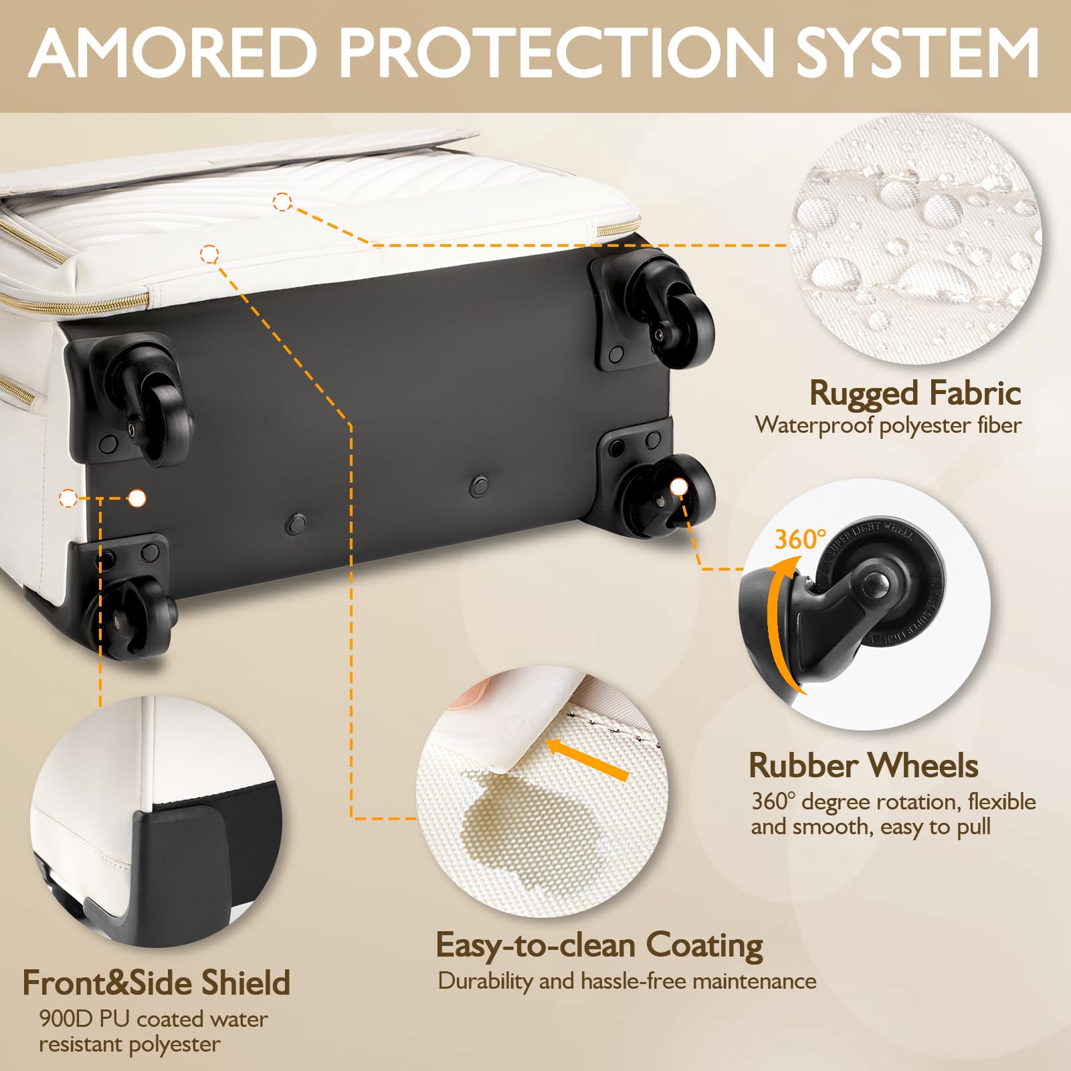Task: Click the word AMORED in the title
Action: pos(173,53)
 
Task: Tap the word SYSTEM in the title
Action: pos(917,53)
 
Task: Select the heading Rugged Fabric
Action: pos(915,393)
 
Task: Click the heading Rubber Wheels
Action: pos(863,765)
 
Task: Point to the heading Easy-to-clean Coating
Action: pos(599,946)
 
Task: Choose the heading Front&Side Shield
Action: pos(157,983)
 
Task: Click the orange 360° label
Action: pos(800,539)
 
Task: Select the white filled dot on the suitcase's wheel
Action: pos(678,487)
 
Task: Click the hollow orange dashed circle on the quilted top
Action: pos(282,201)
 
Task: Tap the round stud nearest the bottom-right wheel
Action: pos(479,485)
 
